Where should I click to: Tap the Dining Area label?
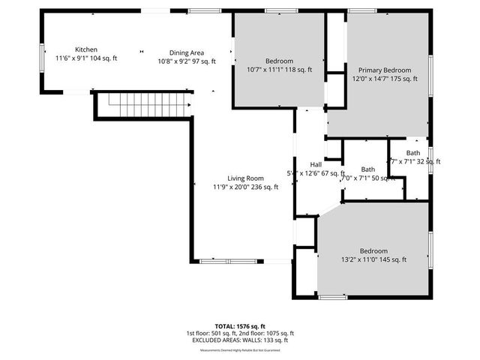tap(186, 52)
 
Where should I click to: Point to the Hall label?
tap(316, 164)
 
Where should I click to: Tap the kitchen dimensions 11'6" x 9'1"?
tap(87, 58)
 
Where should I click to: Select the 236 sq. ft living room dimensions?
tap(245, 187)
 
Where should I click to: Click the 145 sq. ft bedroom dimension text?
tap(373, 259)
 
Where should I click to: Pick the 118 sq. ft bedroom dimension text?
tap(279, 70)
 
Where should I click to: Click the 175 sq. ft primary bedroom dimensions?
tap(384, 78)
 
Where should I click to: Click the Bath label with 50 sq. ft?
tap(367, 169)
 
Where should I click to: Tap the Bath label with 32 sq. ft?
tap(413, 153)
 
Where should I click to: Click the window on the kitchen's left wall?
tap(42, 58)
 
